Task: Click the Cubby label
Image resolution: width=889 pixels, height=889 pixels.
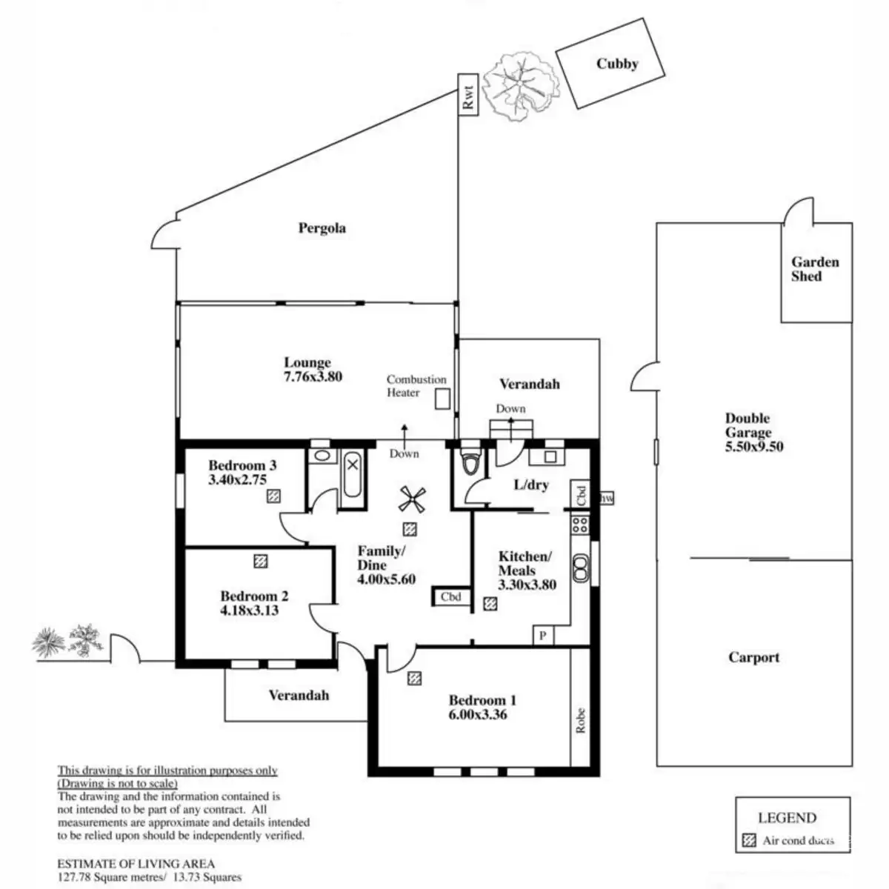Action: (x=617, y=64)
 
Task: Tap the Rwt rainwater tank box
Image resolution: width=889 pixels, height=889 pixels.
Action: (x=467, y=96)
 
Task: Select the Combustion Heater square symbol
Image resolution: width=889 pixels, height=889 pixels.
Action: (x=442, y=399)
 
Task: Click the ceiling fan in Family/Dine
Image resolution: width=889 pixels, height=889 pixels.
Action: (x=410, y=499)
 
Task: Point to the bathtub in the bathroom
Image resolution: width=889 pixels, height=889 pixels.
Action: (x=353, y=477)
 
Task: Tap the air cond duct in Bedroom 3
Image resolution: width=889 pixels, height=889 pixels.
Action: (x=273, y=496)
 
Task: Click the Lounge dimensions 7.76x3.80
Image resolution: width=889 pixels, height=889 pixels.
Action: (x=313, y=376)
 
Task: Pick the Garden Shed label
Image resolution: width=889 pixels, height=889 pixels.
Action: (x=815, y=269)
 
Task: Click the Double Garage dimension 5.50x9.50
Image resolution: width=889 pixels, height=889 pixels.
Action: (x=753, y=447)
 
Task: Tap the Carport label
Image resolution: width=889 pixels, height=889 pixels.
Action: (x=753, y=657)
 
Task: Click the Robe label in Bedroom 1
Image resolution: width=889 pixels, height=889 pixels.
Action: (x=581, y=720)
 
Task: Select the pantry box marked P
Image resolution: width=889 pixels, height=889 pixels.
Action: (x=543, y=636)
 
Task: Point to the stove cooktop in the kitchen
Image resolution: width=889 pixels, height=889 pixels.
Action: (x=580, y=525)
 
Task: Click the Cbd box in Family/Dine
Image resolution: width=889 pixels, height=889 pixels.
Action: (x=451, y=597)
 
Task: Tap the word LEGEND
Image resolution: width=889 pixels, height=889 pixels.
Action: (x=787, y=818)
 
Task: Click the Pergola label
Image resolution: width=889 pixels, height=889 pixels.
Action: (x=322, y=228)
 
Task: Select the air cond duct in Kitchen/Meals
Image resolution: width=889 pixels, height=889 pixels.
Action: (x=490, y=604)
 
